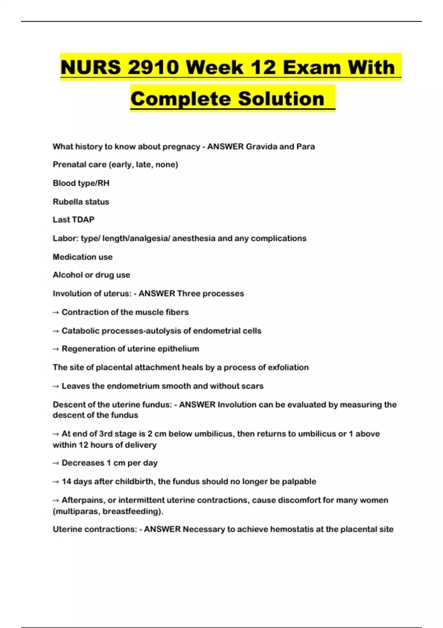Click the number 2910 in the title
coord(152,68)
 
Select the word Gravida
coord(261,147)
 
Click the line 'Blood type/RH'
coord(81,183)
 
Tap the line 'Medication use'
coord(82,257)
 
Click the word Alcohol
coord(68,275)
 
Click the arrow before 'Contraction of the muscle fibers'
coord(56,313)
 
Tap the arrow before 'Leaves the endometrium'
coord(56,386)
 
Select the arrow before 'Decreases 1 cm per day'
coord(56,463)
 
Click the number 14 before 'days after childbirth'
coord(66,481)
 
